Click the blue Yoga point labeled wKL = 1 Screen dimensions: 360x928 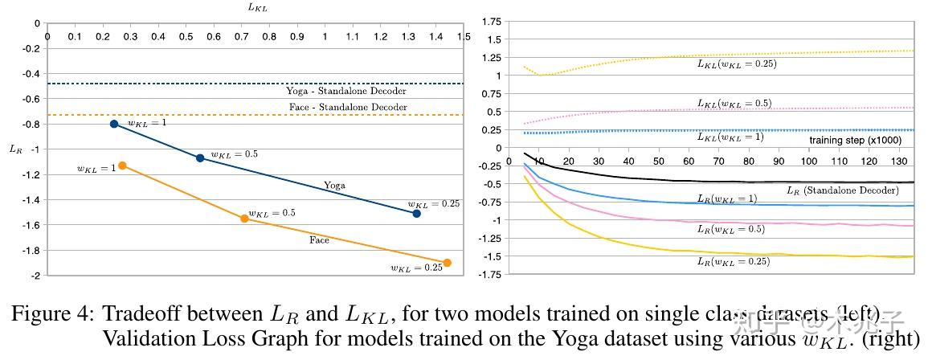click(x=114, y=124)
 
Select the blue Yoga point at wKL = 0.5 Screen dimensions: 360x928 click(x=200, y=157)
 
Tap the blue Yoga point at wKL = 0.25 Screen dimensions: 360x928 click(x=416, y=213)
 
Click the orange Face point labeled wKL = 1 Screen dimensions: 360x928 click(x=122, y=166)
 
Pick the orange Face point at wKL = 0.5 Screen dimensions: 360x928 click(x=244, y=218)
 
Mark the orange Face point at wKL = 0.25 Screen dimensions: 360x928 click(x=447, y=263)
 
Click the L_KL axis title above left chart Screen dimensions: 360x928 click(x=257, y=7)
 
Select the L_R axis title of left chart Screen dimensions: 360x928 click(x=16, y=149)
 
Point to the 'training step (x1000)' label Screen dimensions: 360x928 click(x=856, y=141)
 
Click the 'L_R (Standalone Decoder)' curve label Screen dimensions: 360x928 click(x=842, y=190)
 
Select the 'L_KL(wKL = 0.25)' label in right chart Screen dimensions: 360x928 click(x=736, y=63)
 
